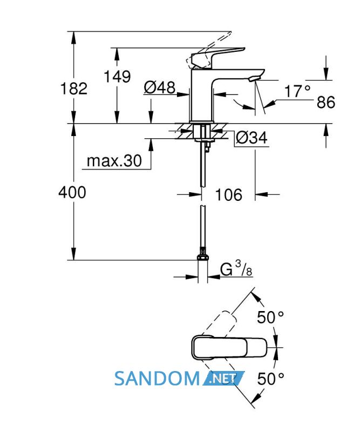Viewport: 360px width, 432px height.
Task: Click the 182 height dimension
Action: pos(74,89)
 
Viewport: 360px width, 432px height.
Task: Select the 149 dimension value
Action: pos(117,77)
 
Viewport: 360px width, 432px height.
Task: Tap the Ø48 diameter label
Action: pos(159,87)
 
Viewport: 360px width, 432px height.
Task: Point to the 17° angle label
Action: pos(297,91)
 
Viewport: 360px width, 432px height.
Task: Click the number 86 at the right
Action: pos(326,102)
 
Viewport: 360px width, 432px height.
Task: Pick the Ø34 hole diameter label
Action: pos(252,137)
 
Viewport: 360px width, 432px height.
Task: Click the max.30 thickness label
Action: pos(114,160)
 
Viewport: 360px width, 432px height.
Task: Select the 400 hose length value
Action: pos(72,192)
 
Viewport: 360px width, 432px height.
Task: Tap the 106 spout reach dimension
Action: pos(229,195)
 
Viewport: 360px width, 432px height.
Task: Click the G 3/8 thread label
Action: pos(236,268)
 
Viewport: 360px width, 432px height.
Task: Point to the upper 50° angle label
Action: pos(270,317)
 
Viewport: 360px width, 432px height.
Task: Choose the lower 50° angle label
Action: pos(270,379)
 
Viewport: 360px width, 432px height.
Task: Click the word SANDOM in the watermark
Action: pos(157,379)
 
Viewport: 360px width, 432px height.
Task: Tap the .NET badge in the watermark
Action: pos(223,379)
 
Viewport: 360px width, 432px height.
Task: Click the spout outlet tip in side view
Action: pos(254,79)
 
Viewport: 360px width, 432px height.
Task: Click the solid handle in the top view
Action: pos(229,348)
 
